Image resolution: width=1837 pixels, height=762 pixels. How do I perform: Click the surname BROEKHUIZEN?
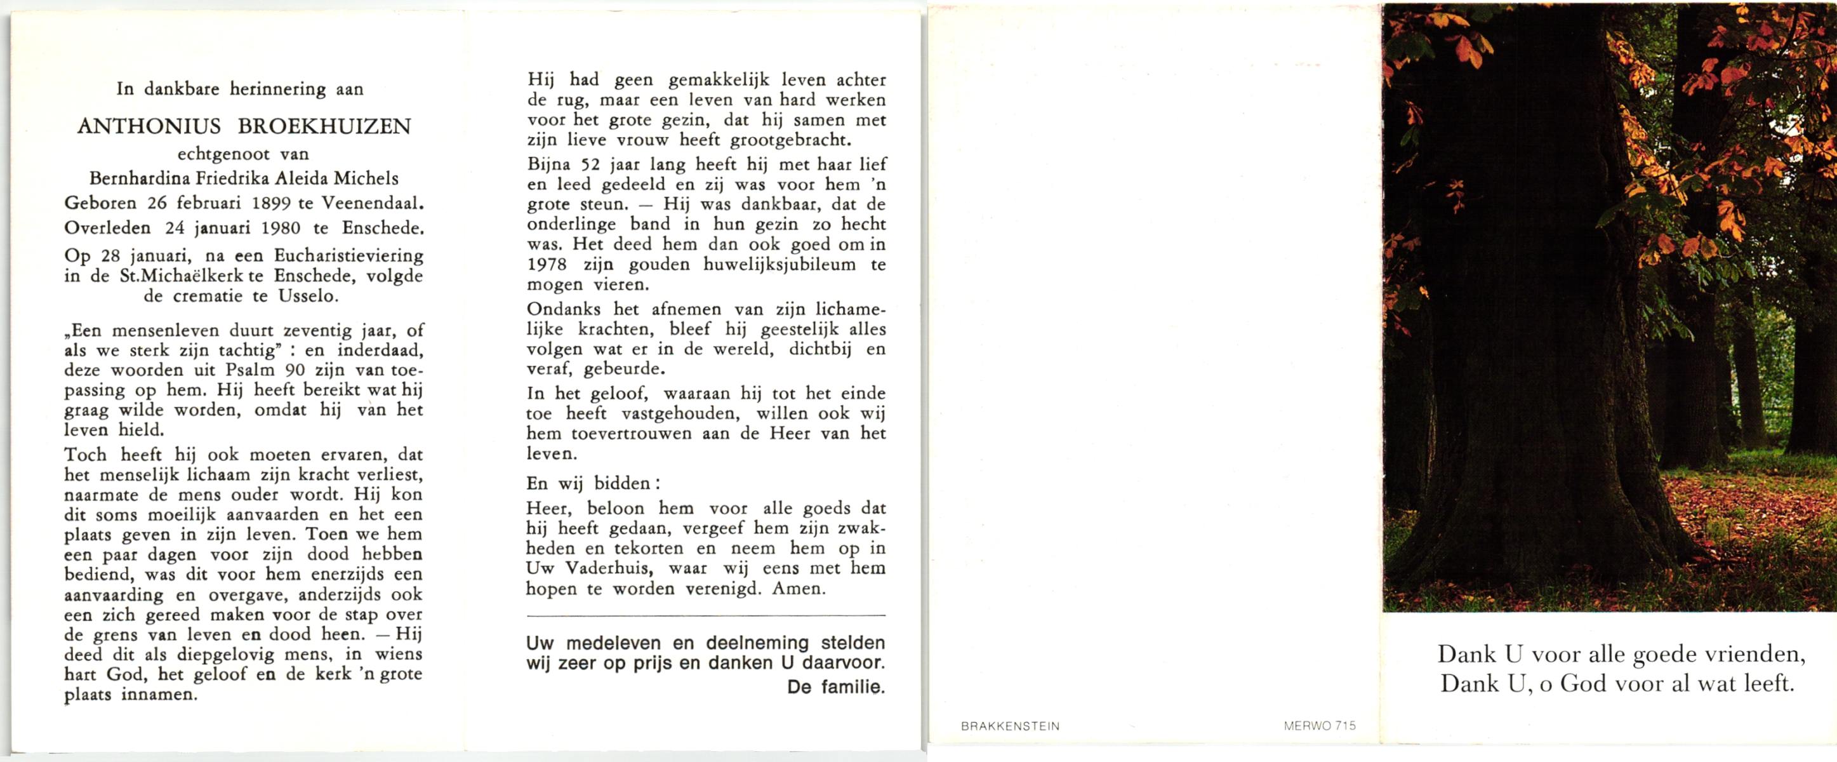tap(324, 126)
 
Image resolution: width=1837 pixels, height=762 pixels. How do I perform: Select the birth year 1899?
tap(271, 203)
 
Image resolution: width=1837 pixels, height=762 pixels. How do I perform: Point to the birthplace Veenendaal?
tap(371, 203)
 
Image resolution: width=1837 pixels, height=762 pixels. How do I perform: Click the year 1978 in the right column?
tap(547, 265)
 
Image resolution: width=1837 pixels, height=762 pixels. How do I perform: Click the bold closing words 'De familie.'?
tap(836, 688)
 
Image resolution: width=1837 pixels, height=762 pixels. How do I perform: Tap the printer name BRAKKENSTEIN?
tap(1010, 726)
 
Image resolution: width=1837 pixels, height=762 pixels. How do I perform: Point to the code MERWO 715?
tap(1319, 726)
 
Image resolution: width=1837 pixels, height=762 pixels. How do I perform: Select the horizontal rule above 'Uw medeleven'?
tap(706, 615)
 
